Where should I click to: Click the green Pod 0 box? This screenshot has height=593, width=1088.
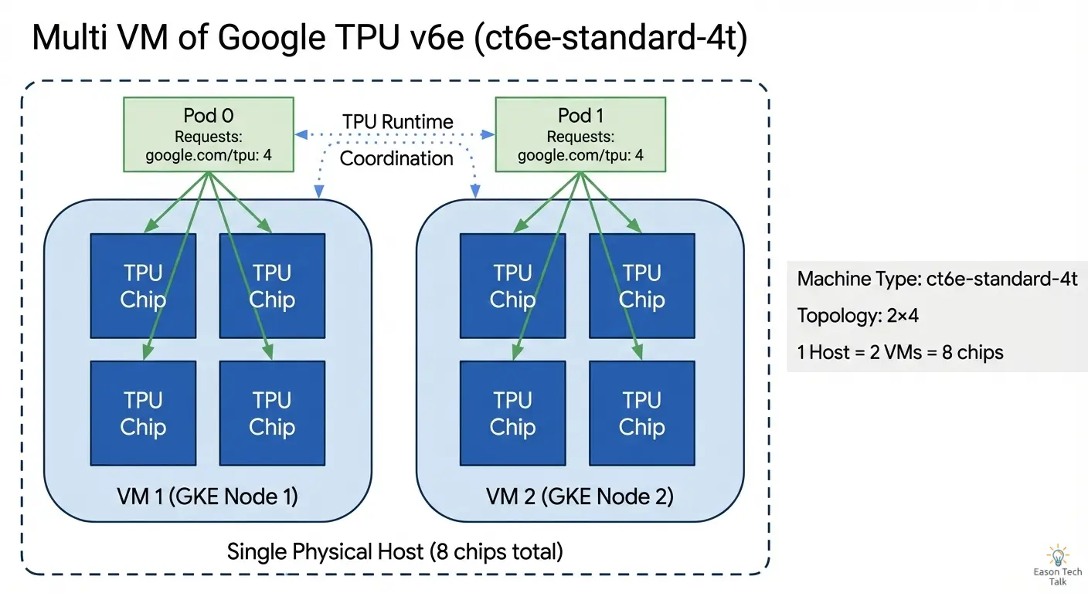[x=209, y=134]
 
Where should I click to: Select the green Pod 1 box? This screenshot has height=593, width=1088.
[x=580, y=134]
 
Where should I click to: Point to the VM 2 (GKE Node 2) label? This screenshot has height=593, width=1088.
[x=580, y=496]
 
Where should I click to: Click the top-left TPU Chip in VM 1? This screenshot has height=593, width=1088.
[x=143, y=286]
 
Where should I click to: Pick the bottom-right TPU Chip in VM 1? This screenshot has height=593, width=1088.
[x=272, y=413]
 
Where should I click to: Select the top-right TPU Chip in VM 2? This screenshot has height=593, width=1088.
[x=642, y=286]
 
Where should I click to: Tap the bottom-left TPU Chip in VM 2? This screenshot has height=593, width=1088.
[x=513, y=413]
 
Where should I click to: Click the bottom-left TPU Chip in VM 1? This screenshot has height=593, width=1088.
[x=143, y=413]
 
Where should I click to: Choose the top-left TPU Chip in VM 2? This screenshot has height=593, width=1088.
[x=513, y=286]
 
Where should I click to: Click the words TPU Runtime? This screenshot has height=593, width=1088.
[x=397, y=121]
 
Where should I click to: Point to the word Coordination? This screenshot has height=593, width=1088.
[x=396, y=158]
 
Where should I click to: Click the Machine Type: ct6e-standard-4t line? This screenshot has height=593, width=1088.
[x=937, y=279]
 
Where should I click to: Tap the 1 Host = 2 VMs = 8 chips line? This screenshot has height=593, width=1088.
[x=900, y=353]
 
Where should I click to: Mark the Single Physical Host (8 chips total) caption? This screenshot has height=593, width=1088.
[x=394, y=551]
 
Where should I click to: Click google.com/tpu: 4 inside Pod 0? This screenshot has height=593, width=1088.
[x=209, y=156]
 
